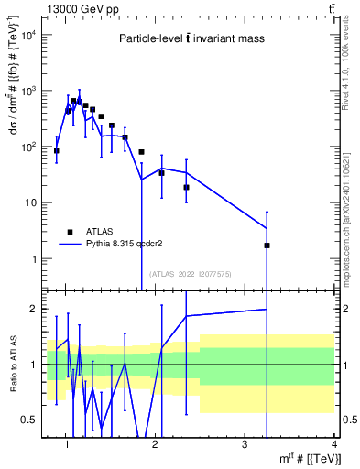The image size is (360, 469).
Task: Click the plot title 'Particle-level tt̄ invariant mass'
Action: (x=190, y=38)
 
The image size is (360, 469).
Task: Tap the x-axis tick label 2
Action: (x=155, y=446)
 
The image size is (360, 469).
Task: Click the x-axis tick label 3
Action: (x=245, y=446)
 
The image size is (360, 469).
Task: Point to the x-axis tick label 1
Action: (x=67, y=446)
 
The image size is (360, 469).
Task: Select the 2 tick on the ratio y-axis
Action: (x=35, y=309)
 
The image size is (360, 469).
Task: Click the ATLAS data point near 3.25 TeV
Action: (x=267, y=245)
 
